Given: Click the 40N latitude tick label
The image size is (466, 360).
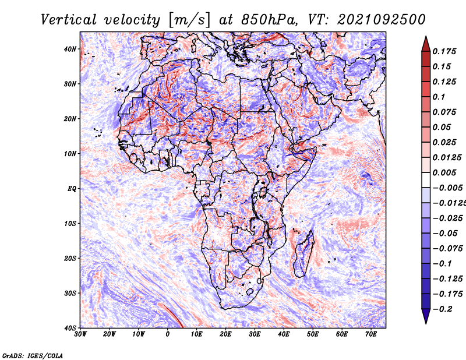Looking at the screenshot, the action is click(x=70, y=49).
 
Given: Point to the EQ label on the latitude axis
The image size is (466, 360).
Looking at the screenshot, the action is click(x=72, y=189).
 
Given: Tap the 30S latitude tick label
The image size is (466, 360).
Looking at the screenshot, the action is click(x=70, y=293).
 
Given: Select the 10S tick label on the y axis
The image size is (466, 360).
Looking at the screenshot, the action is click(x=70, y=223).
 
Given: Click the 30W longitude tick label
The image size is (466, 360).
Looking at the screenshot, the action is click(x=80, y=334).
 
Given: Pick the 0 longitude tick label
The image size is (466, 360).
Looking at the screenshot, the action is click(x=168, y=334).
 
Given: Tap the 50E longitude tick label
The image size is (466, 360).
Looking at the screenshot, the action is click(x=313, y=334).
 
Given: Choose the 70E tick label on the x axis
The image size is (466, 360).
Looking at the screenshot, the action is click(x=370, y=334).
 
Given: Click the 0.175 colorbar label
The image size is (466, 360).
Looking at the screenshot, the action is click(x=444, y=51).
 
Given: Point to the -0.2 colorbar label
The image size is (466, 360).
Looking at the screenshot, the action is click(x=443, y=309).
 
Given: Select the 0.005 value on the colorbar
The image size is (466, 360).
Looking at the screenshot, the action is click(x=444, y=172).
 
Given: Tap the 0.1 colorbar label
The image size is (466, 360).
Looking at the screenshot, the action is click(x=439, y=97).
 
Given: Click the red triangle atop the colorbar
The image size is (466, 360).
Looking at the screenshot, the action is click(x=426, y=45).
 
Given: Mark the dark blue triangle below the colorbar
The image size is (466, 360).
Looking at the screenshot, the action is click(x=426, y=316).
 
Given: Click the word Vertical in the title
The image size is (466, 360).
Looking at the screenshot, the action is click(x=69, y=20).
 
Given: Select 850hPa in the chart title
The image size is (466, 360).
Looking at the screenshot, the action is click(x=269, y=20).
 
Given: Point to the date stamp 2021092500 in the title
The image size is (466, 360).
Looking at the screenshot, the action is click(x=382, y=20).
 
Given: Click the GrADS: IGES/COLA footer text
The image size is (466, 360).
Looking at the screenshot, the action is click(x=33, y=355).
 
